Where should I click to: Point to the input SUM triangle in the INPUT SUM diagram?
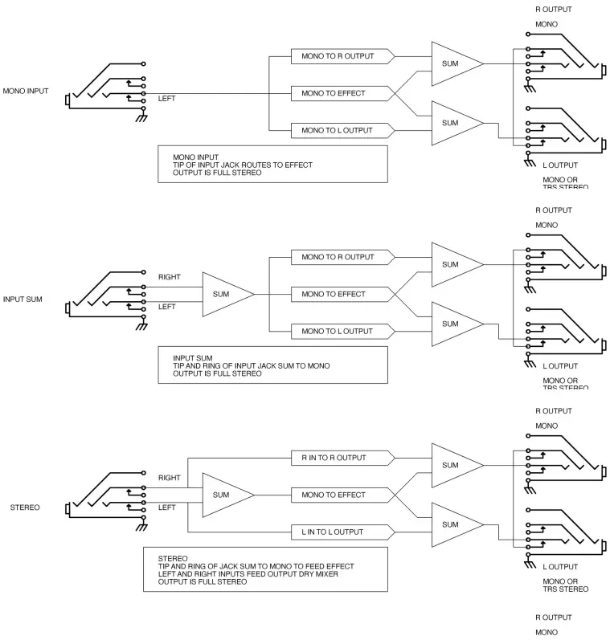(222, 294)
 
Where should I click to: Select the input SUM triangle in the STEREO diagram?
(222, 495)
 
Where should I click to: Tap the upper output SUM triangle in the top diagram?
(452, 63)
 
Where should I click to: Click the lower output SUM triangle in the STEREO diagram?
(452, 524)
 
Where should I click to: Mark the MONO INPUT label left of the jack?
(26, 91)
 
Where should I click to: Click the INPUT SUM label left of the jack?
(23, 300)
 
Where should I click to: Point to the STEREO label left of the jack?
(26, 508)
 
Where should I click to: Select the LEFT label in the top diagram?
(167, 99)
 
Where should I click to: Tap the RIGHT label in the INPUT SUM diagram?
(170, 277)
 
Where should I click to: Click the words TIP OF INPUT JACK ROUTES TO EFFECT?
(243, 165)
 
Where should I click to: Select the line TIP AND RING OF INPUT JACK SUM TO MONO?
(252, 365)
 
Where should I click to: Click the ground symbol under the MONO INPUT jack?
(141, 117)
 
